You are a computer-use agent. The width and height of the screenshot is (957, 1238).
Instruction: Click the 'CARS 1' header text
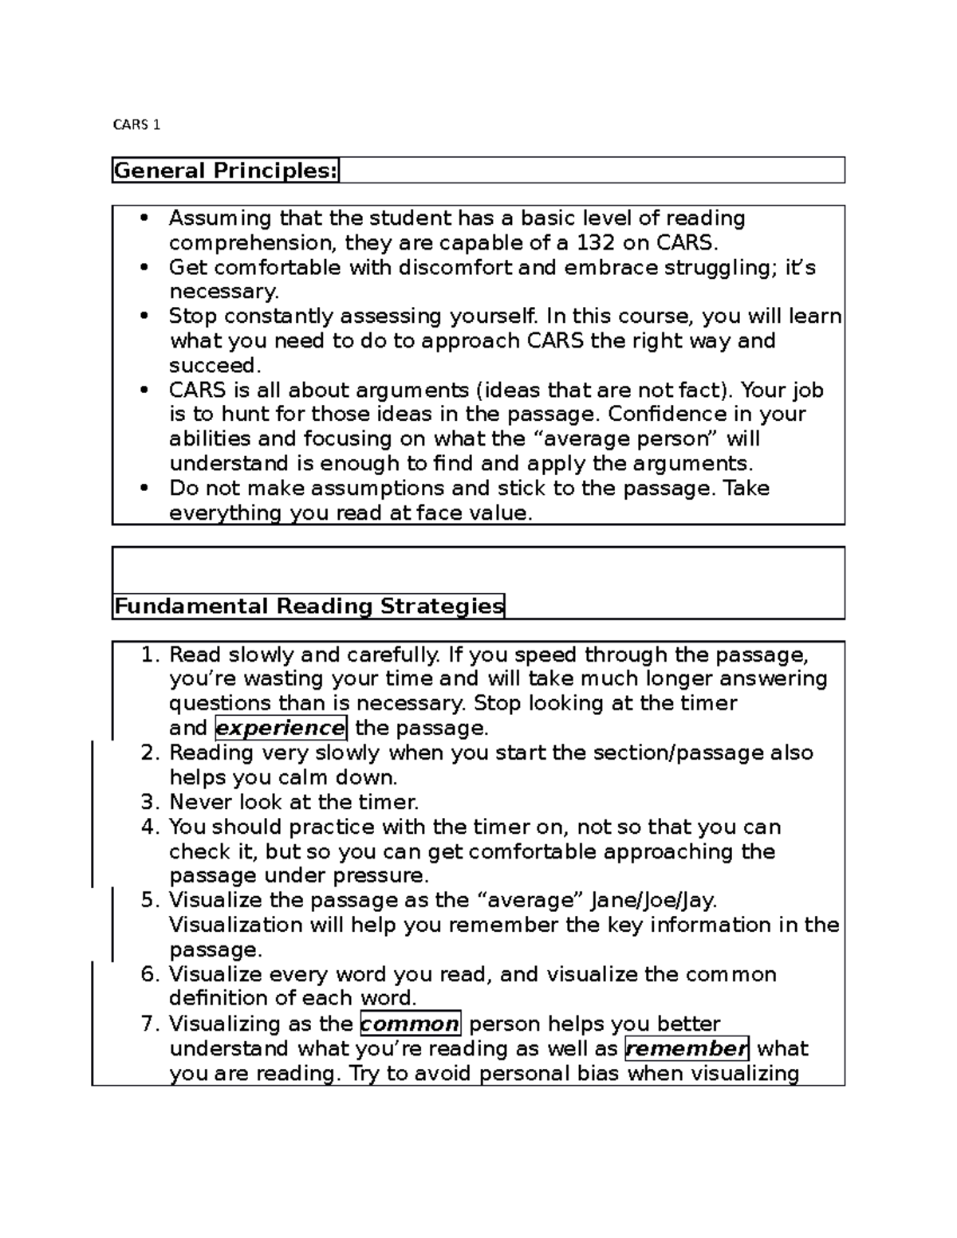(x=136, y=125)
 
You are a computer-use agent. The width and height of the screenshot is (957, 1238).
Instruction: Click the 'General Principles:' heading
(x=226, y=171)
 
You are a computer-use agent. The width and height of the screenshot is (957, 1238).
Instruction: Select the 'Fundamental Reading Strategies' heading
(x=309, y=607)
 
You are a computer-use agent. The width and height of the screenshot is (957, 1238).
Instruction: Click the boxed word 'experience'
(x=280, y=729)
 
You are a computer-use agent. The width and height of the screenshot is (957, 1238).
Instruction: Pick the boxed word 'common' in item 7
(x=410, y=1024)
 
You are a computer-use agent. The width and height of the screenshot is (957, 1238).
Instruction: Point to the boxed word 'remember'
(x=687, y=1049)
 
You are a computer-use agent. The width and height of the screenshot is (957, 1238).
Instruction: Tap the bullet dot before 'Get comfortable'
(x=144, y=268)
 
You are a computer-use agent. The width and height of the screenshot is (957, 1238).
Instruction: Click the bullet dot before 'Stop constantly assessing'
(x=144, y=316)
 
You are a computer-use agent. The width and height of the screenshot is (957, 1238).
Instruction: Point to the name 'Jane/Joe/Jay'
(x=653, y=901)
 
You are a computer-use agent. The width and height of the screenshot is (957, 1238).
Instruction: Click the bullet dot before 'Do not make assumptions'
(x=144, y=489)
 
